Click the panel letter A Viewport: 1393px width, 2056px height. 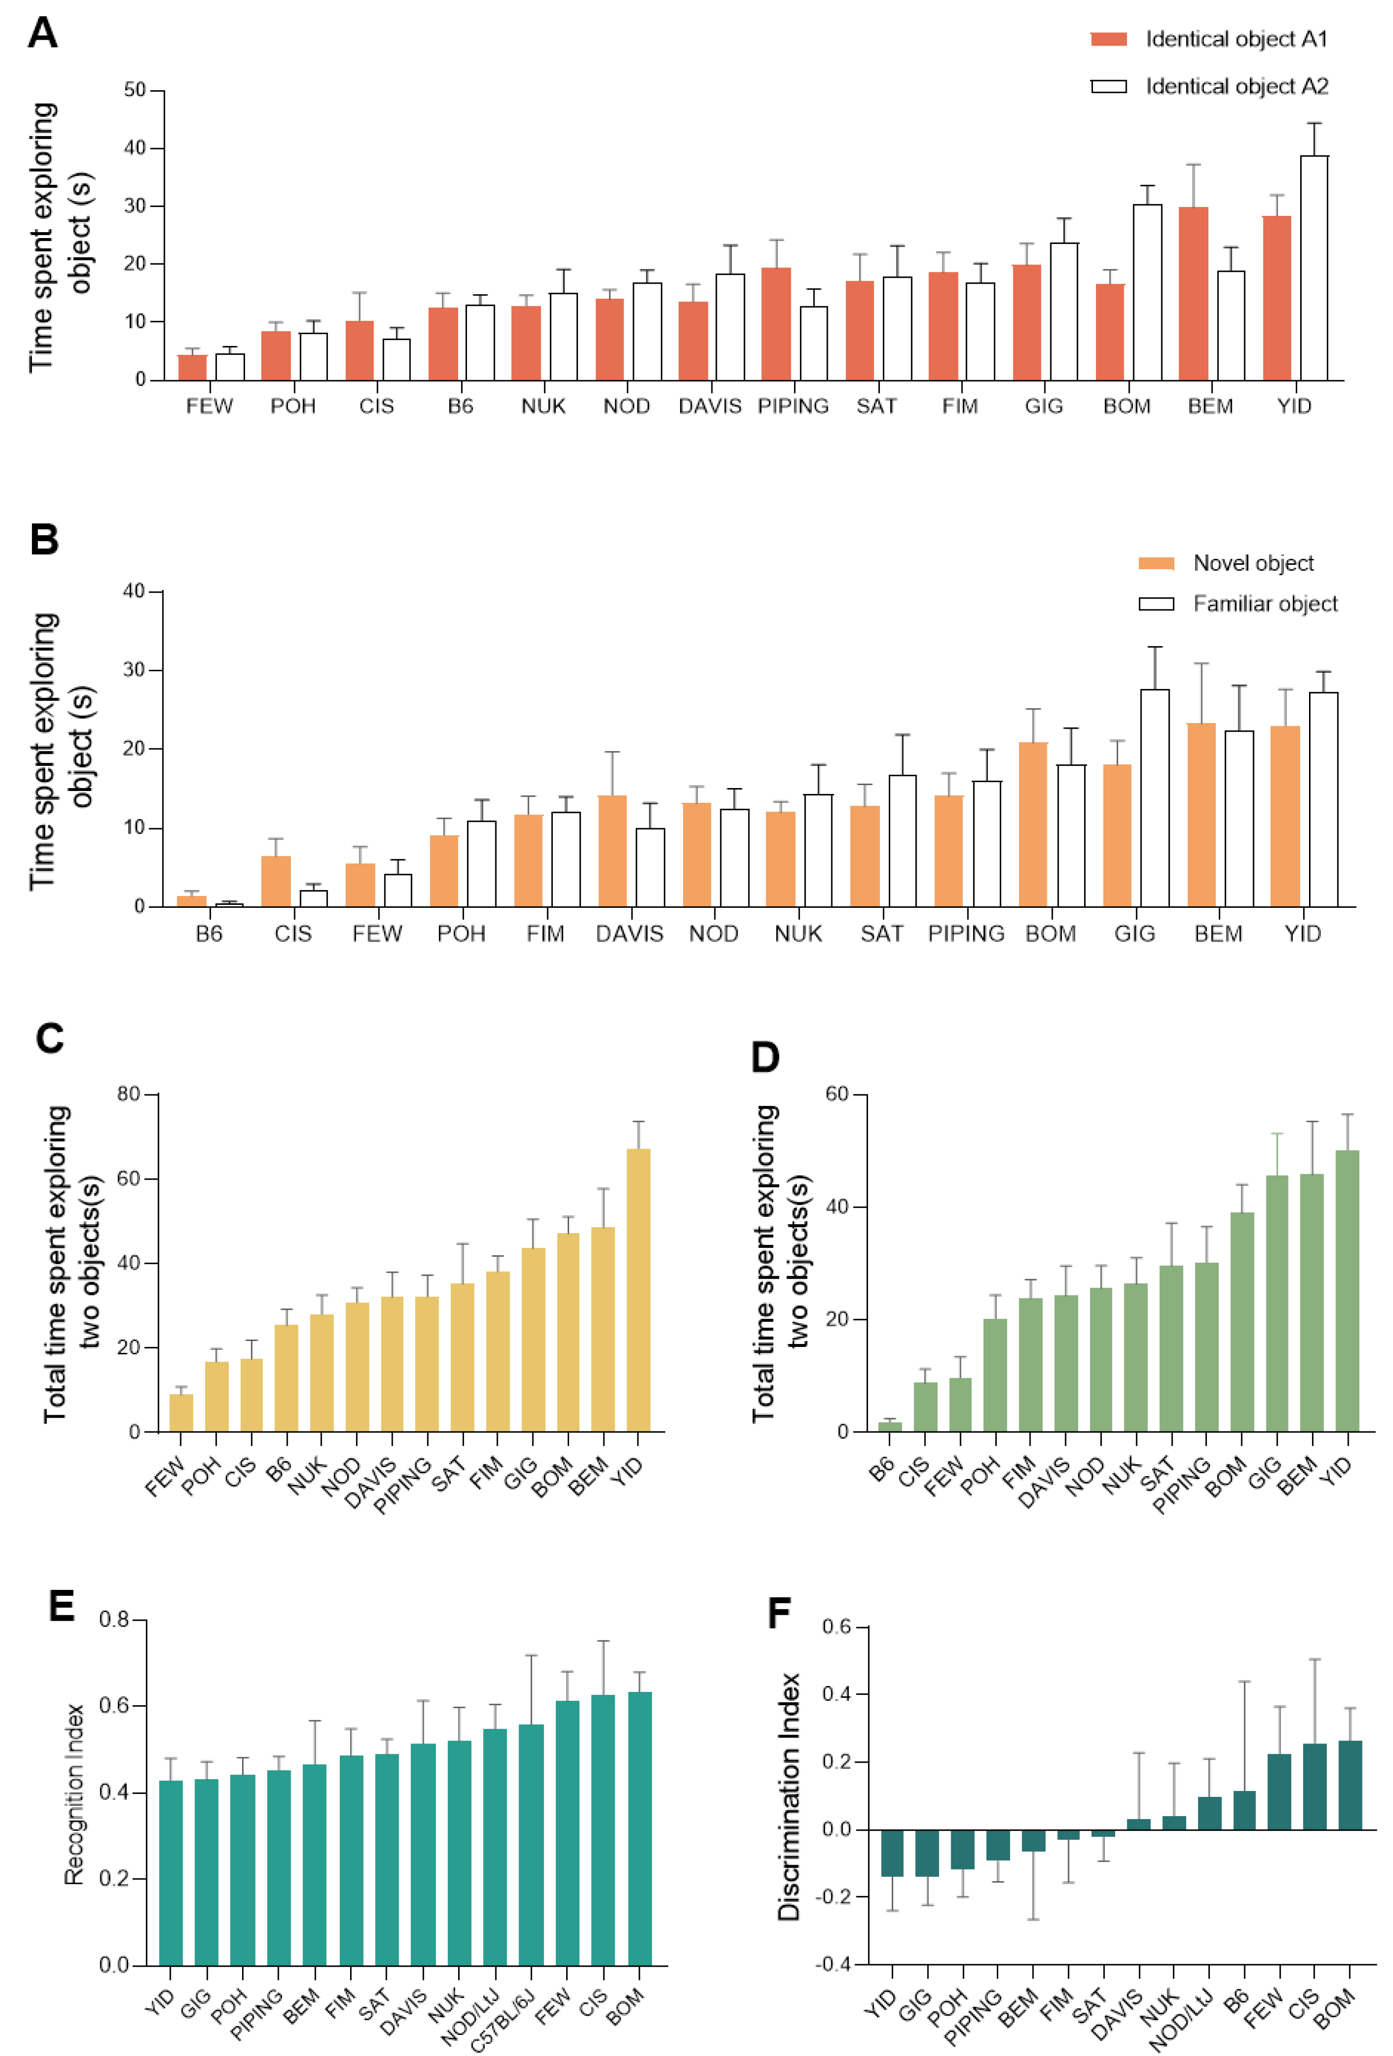tap(43, 34)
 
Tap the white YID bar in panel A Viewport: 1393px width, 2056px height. tap(1313, 268)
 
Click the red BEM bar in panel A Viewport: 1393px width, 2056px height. tap(1193, 294)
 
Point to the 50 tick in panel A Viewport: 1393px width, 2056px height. tap(135, 90)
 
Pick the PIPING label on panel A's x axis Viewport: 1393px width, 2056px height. tap(793, 406)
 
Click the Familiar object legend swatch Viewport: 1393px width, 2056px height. tap(1156, 604)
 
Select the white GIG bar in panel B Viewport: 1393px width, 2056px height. tap(1154, 798)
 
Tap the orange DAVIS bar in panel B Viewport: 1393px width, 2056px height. tap(612, 851)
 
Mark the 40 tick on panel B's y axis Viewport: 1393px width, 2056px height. tap(134, 591)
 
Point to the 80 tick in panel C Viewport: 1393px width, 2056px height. tap(129, 1094)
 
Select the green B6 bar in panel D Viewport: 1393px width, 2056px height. tap(889, 1426)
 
